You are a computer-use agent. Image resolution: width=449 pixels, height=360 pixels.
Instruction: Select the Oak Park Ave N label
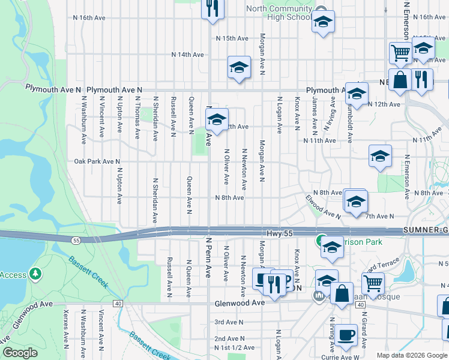97,161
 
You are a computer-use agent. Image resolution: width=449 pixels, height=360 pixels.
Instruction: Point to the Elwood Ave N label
322,205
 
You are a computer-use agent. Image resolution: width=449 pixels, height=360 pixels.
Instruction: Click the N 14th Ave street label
188,55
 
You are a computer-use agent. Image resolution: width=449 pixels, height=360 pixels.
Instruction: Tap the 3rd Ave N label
228,322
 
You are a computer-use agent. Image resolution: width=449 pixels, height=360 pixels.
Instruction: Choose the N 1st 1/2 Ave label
234,347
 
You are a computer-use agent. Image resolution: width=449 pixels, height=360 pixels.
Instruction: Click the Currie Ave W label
339,357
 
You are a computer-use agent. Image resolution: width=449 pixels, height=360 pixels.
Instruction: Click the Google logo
20,353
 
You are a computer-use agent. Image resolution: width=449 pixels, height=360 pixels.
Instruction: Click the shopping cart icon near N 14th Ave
400,52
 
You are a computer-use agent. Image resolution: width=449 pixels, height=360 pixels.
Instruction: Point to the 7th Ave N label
379,216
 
